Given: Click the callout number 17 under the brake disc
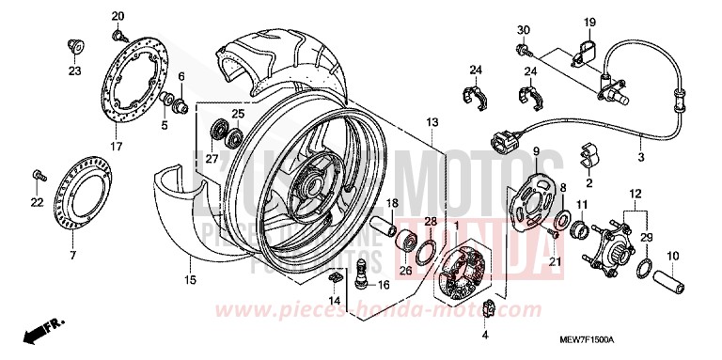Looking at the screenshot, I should [x=117, y=147].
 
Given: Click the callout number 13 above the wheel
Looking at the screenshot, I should [x=432, y=123].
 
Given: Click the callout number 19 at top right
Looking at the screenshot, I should [x=589, y=22].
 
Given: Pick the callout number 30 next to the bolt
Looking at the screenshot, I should [x=524, y=30].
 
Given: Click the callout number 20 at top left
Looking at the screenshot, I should [x=118, y=17].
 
